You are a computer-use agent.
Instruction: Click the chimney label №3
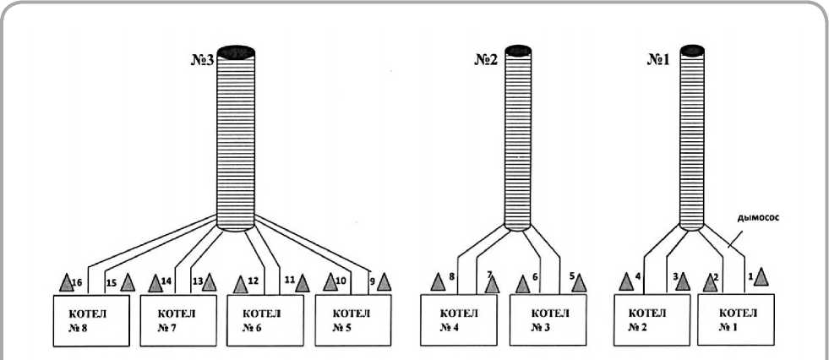click(203, 60)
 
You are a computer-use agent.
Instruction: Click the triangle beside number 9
click(384, 281)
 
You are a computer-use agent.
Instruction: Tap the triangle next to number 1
click(761, 276)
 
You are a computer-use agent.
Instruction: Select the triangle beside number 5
click(579, 282)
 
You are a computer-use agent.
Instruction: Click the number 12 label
click(252, 280)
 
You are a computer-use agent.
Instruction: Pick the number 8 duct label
click(452, 276)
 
